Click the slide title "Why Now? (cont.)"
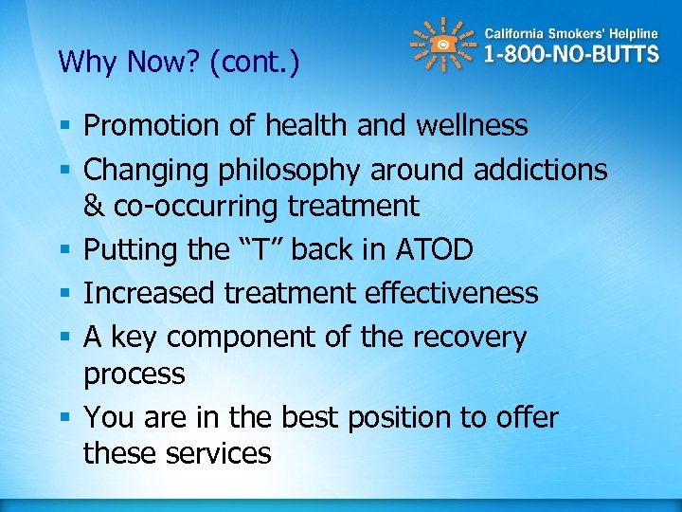pyautogui.click(x=178, y=63)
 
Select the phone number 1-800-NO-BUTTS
pyautogui.click(x=571, y=55)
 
